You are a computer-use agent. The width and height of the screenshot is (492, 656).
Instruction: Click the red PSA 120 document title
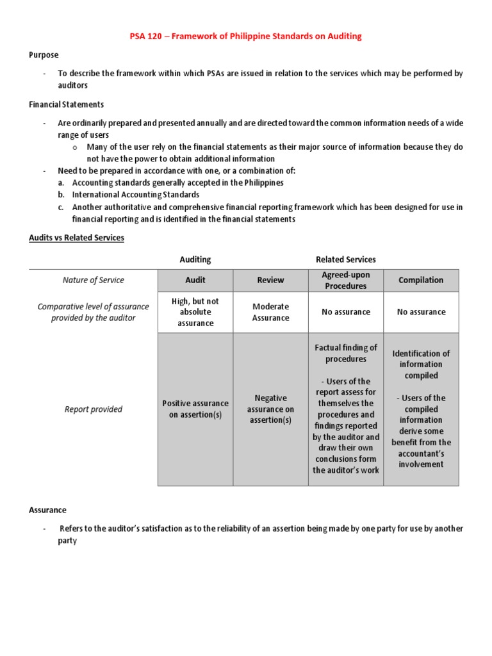[x=246, y=37]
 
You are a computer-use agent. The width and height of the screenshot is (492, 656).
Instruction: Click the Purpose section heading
[x=43, y=55]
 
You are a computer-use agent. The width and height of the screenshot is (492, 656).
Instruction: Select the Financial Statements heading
[x=67, y=104]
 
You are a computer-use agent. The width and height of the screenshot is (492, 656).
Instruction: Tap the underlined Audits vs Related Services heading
[x=76, y=238]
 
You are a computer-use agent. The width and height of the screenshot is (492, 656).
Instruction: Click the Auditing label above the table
[x=195, y=259]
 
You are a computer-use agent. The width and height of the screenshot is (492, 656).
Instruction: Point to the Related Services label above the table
[x=346, y=259]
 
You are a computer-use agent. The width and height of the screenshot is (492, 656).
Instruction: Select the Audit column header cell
[x=195, y=280]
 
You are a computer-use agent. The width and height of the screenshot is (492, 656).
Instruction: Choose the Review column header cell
[x=270, y=280]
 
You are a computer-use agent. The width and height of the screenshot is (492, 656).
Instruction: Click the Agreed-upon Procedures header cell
[x=346, y=280]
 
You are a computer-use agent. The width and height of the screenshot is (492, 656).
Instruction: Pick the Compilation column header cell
[x=421, y=280]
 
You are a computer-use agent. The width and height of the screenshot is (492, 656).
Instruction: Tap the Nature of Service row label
[x=94, y=280]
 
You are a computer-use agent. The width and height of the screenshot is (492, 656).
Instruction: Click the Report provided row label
[x=94, y=409]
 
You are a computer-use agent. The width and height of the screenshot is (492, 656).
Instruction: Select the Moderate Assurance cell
[x=270, y=312]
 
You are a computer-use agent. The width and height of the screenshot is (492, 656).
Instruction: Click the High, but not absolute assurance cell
[x=195, y=312]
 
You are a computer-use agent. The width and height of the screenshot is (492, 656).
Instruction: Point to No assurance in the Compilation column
[x=421, y=312]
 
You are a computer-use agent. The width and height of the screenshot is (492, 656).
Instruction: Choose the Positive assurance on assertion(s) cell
[x=195, y=409]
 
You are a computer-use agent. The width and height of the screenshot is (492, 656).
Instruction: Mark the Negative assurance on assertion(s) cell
[x=270, y=409]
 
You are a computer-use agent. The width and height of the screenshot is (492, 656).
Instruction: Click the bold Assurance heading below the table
[x=47, y=510]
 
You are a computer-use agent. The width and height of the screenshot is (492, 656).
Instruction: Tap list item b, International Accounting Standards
[x=135, y=195]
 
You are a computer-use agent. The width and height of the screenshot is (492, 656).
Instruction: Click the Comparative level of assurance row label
[x=94, y=312]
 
